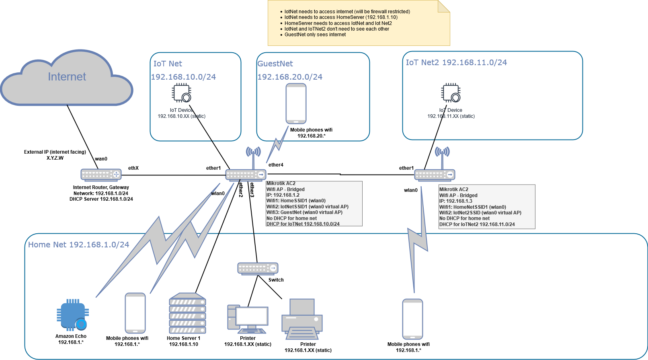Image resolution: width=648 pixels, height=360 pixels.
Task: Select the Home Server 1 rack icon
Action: [187, 313]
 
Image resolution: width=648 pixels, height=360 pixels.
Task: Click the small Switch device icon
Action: [258, 268]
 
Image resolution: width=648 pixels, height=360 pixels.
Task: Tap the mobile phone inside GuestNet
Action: [296, 103]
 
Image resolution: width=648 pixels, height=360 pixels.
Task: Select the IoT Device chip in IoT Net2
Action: [451, 93]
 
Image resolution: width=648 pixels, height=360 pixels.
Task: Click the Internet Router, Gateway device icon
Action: [101, 175]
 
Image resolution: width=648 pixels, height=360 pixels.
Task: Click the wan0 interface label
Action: [101, 159]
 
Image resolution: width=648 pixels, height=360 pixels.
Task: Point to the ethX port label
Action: [133, 168]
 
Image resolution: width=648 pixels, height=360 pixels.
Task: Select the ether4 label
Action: [276, 165]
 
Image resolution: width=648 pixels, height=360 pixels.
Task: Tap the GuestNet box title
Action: [275, 64]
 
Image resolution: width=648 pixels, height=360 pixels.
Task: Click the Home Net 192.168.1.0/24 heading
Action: [78, 245]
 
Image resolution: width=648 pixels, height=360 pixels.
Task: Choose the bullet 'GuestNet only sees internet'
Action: [315, 35]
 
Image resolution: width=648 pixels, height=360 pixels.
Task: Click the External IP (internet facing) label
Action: [55, 152]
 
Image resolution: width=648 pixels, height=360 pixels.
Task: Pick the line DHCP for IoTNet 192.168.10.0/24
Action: [303, 224]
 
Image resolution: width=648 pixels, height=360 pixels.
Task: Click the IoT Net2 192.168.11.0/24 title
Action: [456, 62]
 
